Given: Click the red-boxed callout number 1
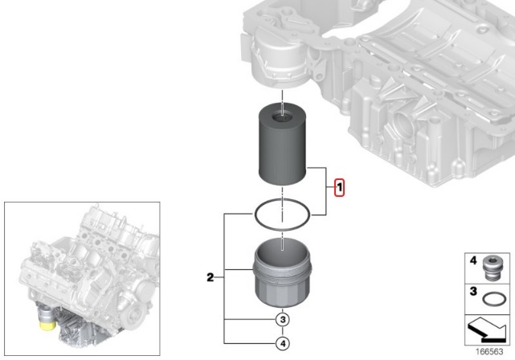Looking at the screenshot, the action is click(339, 187).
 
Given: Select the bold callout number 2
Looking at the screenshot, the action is click(210, 277).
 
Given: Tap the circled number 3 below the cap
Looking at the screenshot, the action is click(283, 319).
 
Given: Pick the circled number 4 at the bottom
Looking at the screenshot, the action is click(283, 344).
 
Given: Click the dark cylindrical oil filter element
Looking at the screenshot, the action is click(283, 145).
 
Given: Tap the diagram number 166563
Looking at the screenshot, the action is click(489, 351).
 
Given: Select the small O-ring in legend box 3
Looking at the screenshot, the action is click(494, 299).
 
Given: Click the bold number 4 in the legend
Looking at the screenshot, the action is click(473, 260).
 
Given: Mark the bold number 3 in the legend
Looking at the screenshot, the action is click(473, 291).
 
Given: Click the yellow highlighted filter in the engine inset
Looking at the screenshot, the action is click(47, 325).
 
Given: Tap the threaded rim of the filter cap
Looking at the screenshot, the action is click(282, 268).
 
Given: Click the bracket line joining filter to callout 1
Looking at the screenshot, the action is click(326, 191).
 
